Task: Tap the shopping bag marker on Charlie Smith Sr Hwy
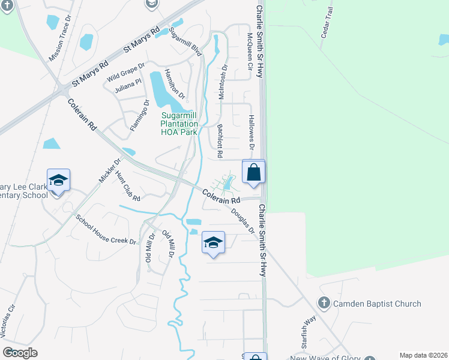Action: click(x=254, y=172)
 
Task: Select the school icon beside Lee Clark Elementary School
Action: click(x=58, y=181)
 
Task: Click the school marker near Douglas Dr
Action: click(x=213, y=243)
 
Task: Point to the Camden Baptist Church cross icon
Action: click(x=324, y=303)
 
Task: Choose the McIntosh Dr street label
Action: click(x=223, y=83)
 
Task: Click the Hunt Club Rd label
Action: click(x=128, y=187)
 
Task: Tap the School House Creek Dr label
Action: click(x=106, y=229)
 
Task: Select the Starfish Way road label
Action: click(x=310, y=329)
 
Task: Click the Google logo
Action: click(x=20, y=353)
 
